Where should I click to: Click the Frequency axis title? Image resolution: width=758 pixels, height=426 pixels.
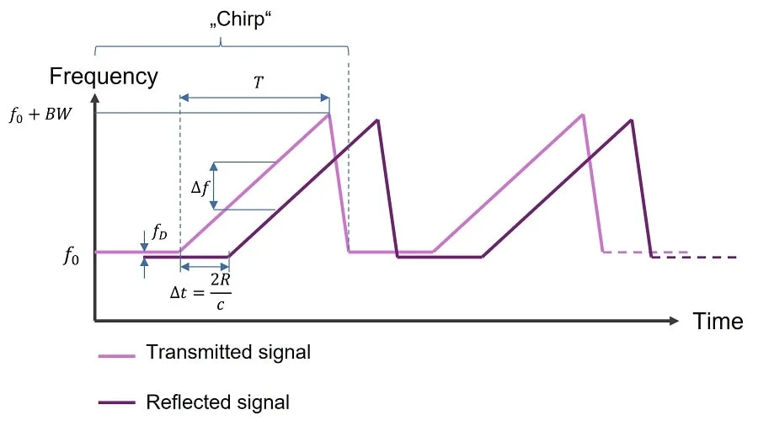104,77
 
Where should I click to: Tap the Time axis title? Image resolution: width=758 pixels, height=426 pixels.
718,321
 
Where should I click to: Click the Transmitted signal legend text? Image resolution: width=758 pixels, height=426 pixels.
228,352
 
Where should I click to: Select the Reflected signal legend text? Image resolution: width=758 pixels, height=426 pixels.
217,402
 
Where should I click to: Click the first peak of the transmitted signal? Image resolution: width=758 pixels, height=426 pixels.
328,114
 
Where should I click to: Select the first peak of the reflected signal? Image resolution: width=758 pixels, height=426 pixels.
378,120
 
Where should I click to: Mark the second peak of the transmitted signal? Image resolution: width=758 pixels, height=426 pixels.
582,114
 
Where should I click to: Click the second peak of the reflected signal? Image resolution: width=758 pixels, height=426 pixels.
632,120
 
